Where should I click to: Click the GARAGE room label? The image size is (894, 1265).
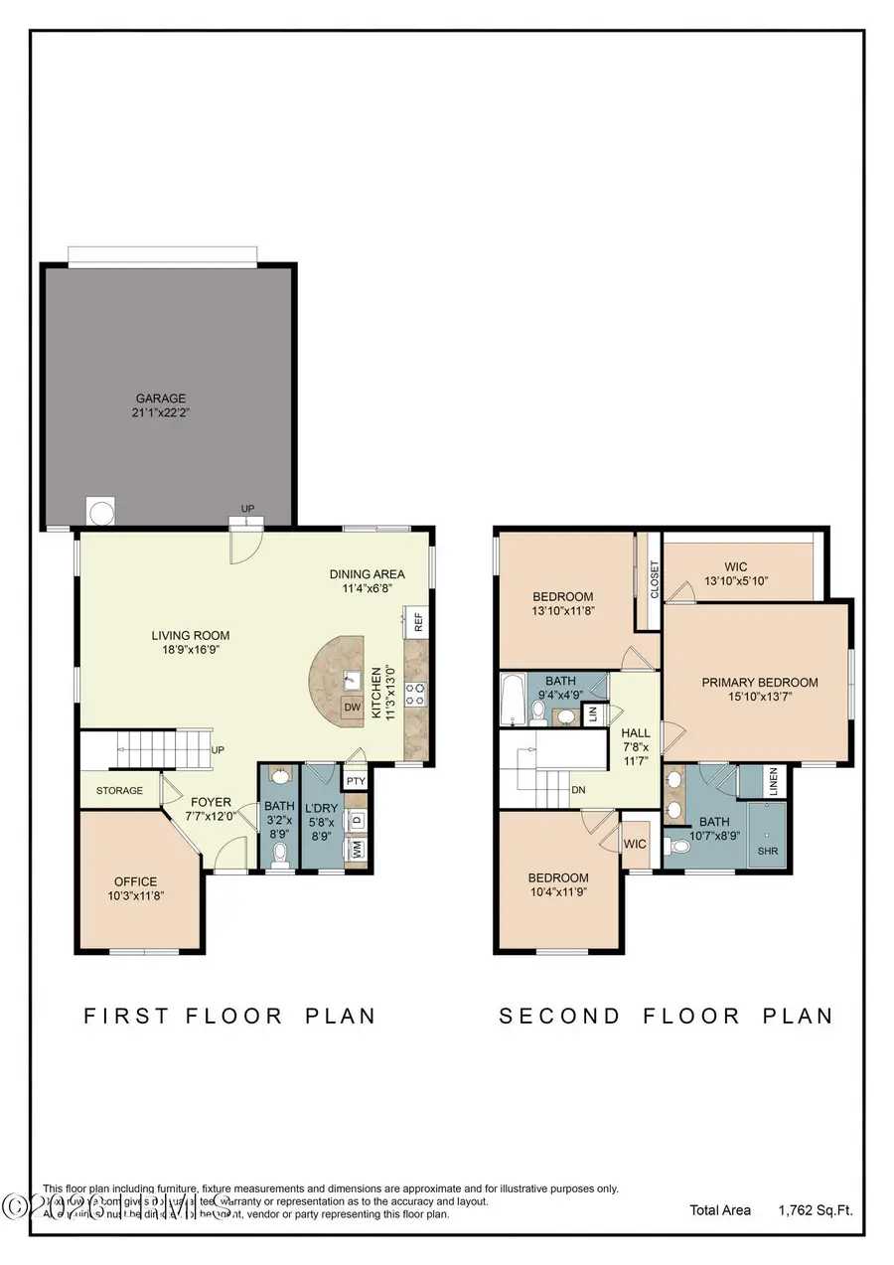coord(161,398)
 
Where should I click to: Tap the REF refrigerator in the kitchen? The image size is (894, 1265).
coord(418,623)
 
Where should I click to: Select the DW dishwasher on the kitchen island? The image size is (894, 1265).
coord(351,708)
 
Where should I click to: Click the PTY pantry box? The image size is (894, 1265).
coord(356,781)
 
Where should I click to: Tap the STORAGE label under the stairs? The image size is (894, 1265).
coord(119,791)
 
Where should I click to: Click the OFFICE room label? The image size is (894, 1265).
coord(135,881)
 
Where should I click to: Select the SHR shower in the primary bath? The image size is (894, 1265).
coord(768,851)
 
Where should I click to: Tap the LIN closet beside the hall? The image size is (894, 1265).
coord(592,712)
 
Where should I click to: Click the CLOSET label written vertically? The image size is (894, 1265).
coord(654,580)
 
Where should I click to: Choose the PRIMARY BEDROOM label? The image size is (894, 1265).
coord(760,683)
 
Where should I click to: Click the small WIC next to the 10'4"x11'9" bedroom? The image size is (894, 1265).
coord(635,845)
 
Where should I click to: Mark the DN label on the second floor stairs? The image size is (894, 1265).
coord(577,791)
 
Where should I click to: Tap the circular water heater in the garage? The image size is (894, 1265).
coord(100,511)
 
